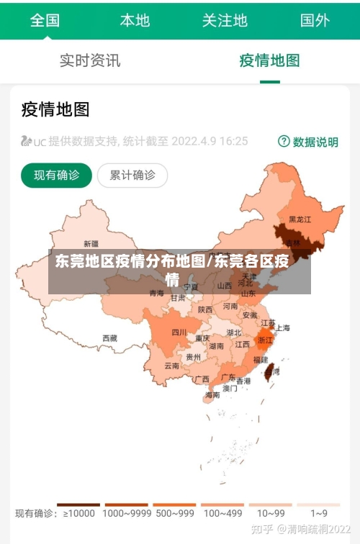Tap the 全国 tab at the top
tap(45, 20)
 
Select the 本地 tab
tap(135, 20)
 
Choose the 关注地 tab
tap(224, 20)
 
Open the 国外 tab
tap(315, 20)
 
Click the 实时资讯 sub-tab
tap(90, 60)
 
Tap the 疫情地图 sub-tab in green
tap(269, 60)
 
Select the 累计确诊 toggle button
tap(132, 175)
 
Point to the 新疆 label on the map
tap(91, 244)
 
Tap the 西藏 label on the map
tap(109, 337)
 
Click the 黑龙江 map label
tap(300, 219)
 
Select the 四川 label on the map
tap(179, 332)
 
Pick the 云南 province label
tap(172, 366)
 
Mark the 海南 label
tap(212, 395)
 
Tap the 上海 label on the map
tap(283, 328)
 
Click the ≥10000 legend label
tap(78, 514)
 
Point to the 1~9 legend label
tap(319, 514)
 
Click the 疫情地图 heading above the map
tap(55, 109)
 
